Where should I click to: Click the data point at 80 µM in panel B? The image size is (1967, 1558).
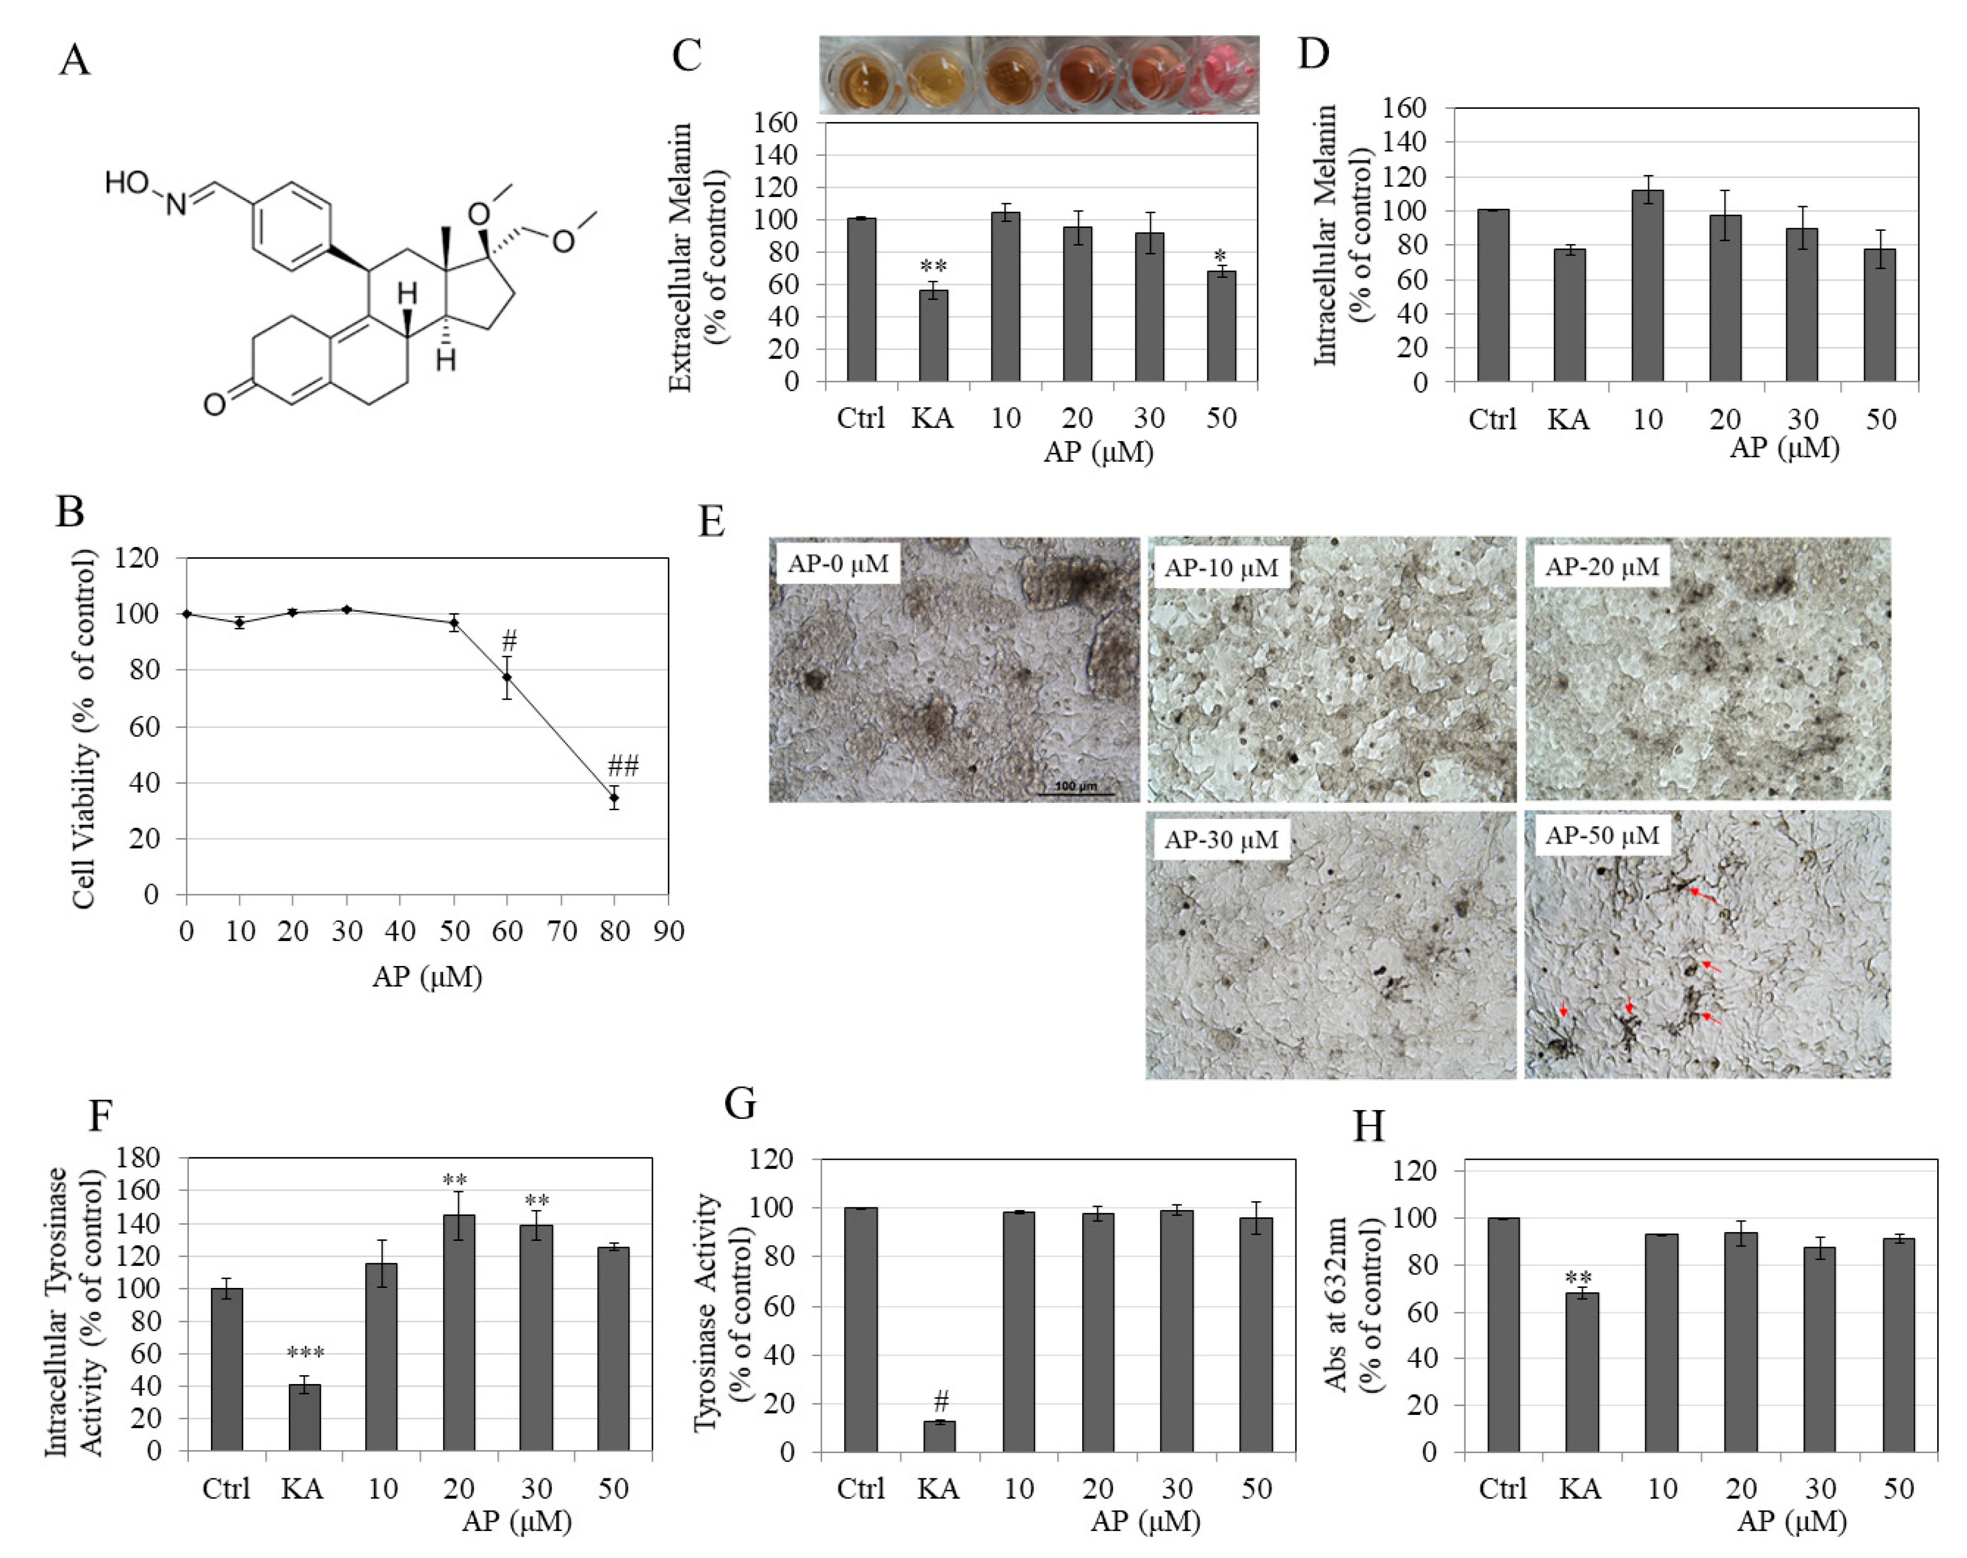pos(614,798)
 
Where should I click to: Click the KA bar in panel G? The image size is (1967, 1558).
pos(940,1436)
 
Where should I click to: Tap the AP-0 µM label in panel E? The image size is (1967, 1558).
pos(837,564)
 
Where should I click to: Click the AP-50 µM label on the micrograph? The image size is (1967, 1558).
pos(1602,836)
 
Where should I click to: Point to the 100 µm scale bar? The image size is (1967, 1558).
pos(1077,790)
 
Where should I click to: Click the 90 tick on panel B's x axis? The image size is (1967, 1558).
pos(669,931)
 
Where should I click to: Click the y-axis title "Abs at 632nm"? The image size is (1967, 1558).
pos(1335,1305)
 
